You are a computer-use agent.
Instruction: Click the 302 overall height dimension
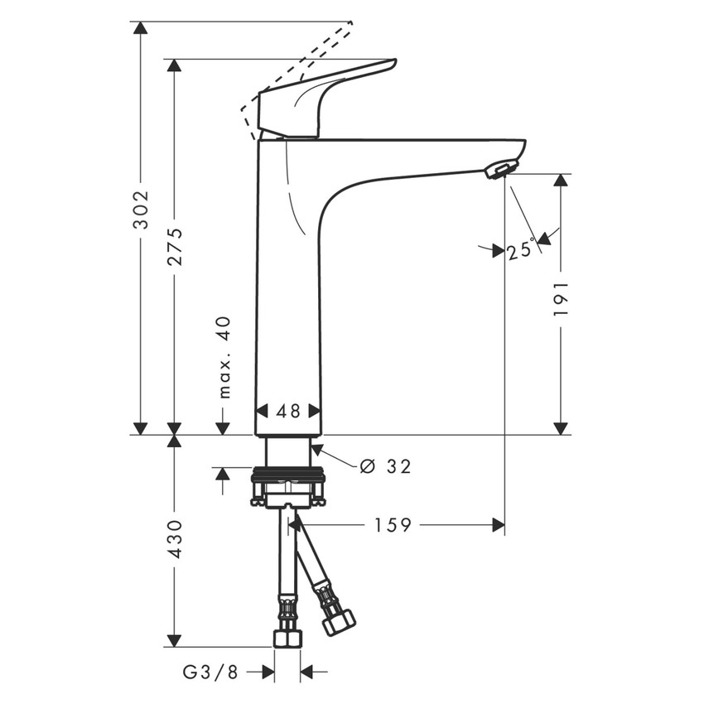click(141, 210)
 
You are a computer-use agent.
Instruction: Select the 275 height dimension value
click(174, 246)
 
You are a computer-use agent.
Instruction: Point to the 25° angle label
click(521, 249)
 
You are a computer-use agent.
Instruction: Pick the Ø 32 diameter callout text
click(386, 467)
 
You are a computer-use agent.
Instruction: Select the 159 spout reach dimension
click(392, 525)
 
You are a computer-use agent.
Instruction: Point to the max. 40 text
click(224, 357)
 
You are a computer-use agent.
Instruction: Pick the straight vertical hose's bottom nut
click(287, 638)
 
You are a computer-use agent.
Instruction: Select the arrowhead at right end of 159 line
click(498, 525)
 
